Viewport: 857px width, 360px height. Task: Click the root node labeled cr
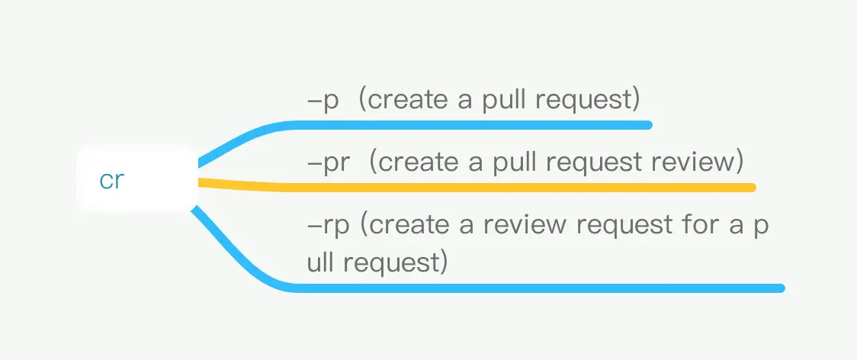(136, 178)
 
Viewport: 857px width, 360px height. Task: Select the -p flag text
(323, 101)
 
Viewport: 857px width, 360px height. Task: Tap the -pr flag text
(328, 163)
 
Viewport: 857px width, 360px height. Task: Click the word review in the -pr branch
(692, 162)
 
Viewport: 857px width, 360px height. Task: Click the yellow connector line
(476, 187)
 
